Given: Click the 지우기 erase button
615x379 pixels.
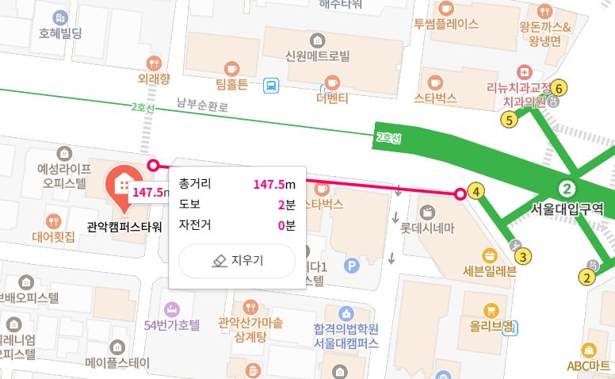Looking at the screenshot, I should click(237, 261).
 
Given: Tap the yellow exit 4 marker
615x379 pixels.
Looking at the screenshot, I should click(476, 191).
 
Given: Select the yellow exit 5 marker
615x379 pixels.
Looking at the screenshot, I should click(508, 120).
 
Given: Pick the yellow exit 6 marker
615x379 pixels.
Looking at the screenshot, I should click(560, 88).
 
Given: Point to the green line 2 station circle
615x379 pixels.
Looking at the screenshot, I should click(567, 189).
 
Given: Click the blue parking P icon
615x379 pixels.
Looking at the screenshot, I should click(353, 263).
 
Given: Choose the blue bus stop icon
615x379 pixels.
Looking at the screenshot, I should click(271, 84).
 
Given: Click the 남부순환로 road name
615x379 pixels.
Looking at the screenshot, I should click(202, 104).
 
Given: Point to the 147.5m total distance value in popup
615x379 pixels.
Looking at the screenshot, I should click(269, 184).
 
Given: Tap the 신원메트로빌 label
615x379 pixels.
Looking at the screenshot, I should click(317, 56).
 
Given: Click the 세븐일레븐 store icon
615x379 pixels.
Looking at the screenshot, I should click(489, 256).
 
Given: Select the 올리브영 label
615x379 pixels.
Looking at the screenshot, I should click(491, 325).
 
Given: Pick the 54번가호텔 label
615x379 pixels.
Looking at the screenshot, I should click(172, 324).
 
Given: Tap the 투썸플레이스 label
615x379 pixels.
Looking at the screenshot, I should click(445, 24).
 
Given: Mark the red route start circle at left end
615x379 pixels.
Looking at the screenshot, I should click(154, 165).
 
